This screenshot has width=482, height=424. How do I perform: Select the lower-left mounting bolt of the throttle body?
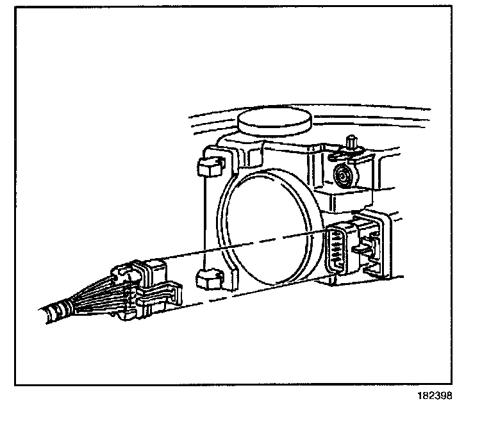208,280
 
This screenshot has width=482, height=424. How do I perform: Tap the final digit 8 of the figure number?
450,395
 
